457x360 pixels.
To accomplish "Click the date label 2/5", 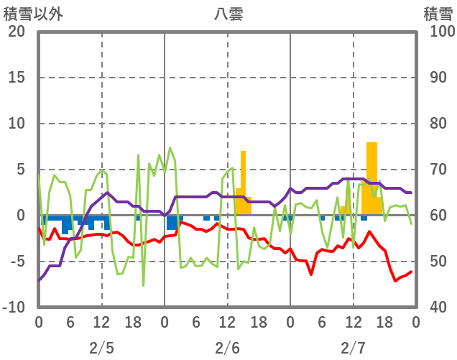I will coord(101,348).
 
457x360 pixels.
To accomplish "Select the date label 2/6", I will coord(227,348).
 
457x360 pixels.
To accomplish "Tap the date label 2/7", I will coord(353,348).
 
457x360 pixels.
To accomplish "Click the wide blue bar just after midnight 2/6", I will coord(172,222).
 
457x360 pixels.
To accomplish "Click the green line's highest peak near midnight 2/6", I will coord(170,148).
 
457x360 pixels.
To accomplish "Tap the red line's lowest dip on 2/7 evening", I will coord(395,280).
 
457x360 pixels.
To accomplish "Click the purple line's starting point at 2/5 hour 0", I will coord(39,280).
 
